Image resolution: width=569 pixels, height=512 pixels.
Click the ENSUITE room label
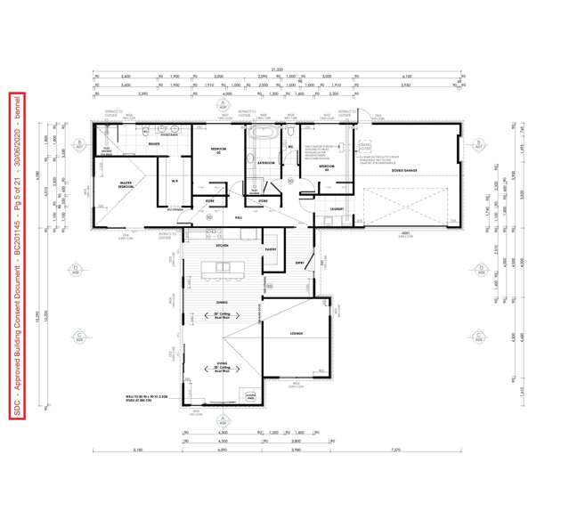(154, 142)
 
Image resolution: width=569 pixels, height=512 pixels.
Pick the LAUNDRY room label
(337, 208)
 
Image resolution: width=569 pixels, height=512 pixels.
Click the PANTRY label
(271, 249)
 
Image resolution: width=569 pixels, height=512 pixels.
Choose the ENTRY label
(300, 263)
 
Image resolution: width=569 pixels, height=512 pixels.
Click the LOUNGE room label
(297, 333)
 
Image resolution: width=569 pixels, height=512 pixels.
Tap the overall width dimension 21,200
(279, 70)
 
